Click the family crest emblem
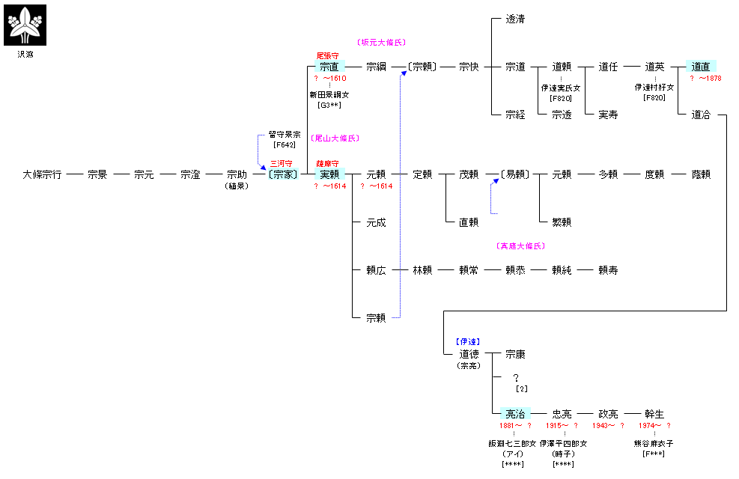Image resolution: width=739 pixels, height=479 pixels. pos(26,25)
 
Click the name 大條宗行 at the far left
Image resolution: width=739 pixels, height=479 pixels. pos(42,174)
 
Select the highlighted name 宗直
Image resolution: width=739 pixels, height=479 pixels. pos(329,67)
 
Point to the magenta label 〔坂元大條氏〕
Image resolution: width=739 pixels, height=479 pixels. pos(382,43)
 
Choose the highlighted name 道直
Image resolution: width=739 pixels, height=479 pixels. pos(701,67)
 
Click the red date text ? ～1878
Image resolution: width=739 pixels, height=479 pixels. pos(705,78)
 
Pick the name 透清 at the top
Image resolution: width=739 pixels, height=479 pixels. pos(515,19)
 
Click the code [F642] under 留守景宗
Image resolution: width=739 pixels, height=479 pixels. pos(285,144)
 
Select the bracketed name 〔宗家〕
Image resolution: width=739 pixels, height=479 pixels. pos(283,174)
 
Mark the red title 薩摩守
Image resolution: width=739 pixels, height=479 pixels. pos(328,163)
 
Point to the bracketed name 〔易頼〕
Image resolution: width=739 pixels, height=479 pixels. pos(515,174)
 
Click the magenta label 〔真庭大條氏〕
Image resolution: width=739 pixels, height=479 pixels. pos(521,245)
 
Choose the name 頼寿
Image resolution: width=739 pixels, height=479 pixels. pos(608,270)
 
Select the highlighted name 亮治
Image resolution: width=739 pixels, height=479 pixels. pos(515,414)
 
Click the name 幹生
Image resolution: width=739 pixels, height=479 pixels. pos(654,414)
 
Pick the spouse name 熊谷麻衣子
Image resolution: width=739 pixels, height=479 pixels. pos(654,444)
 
